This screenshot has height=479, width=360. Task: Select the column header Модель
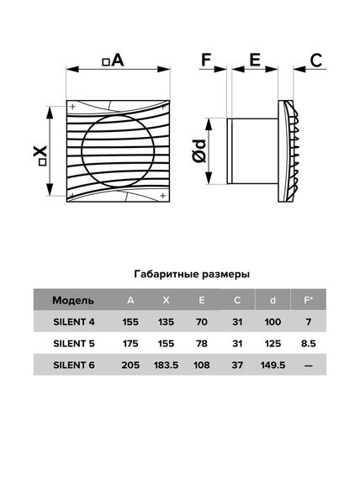click(72, 300)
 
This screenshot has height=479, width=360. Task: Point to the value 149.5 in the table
click(272, 365)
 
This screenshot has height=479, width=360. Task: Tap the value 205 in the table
click(130, 365)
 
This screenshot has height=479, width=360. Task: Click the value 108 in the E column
click(202, 365)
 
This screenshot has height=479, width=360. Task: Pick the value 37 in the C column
click(237, 365)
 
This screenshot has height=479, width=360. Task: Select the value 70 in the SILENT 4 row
click(202, 322)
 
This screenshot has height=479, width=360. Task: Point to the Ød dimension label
click(199, 152)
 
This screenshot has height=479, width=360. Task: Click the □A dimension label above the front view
click(112, 61)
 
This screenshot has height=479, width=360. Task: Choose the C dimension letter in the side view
click(316, 61)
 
